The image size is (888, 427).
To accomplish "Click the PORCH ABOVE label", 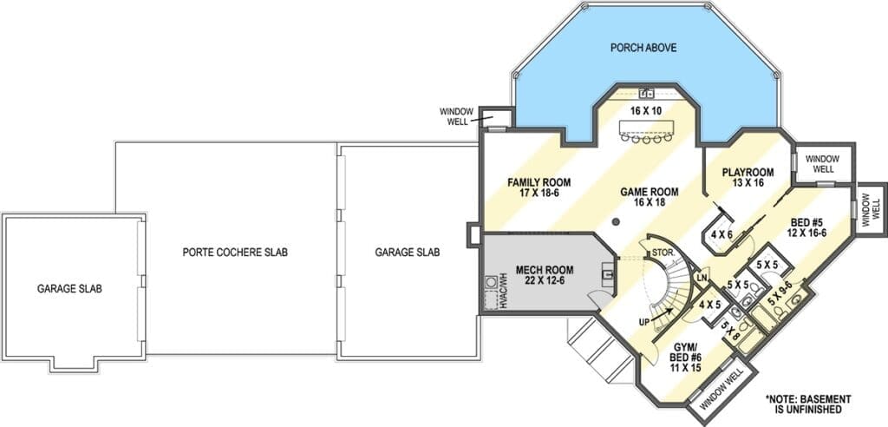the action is tap(643, 48).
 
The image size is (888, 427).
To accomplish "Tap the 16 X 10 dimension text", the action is tap(645, 110).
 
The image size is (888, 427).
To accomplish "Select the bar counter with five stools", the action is tap(645, 130).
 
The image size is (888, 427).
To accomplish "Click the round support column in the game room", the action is tap(617, 221).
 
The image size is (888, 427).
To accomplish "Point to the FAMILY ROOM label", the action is tap(539, 187).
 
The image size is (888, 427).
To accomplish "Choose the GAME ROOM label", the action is tap(649, 197).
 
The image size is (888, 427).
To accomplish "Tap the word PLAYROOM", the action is tap(748, 173).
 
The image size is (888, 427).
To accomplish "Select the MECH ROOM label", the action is tap(545, 274).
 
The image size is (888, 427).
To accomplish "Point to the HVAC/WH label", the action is tap(504, 292).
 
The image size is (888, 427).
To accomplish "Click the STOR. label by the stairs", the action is tap(662, 252).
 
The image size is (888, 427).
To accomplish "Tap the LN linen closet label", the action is tap(702, 278).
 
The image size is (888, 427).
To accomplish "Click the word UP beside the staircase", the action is tap(644, 321).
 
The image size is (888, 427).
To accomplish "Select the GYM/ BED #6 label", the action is tap(683, 358).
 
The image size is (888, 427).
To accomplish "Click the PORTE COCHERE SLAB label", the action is tap(235, 252).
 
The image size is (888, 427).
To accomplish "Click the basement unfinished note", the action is tap(808, 404).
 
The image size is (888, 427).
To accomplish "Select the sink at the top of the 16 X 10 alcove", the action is tap(646, 93).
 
